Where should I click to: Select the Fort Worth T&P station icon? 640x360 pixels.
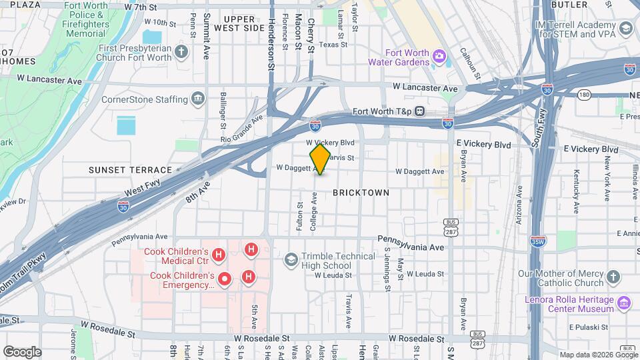[420, 111]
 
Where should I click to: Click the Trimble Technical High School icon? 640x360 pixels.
[291, 259]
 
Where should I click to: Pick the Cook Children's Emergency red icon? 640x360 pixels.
[225, 279]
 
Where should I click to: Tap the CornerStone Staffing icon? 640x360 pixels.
[198, 99]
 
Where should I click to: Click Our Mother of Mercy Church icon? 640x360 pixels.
[614, 276]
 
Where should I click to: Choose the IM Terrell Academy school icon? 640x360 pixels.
[625, 28]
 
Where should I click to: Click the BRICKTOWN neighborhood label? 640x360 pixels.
[361, 193]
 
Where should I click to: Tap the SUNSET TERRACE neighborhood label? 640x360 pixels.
[131, 171]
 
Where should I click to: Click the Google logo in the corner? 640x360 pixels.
[22, 351]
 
